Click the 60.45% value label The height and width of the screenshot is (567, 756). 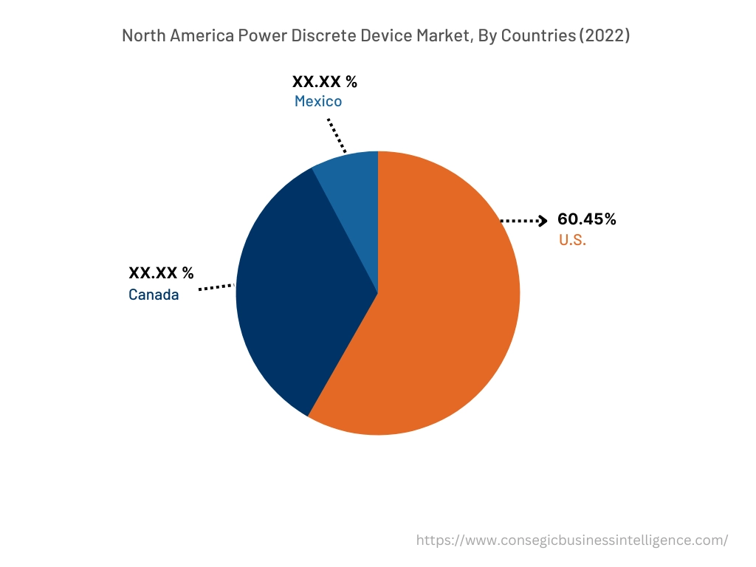[587, 219]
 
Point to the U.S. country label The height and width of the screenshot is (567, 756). [572, 240]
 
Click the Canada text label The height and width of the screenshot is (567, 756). [154, 295]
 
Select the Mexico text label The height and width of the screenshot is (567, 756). [318, 101]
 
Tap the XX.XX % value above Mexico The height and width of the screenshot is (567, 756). [325, 81]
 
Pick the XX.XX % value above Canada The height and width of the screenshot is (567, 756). [161, 273]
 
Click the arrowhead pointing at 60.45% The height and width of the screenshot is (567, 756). [542, 220]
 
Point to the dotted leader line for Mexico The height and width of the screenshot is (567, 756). [337, 134]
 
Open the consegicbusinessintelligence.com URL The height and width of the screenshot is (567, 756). [572, 540]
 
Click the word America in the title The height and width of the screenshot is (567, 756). [202, 35]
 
